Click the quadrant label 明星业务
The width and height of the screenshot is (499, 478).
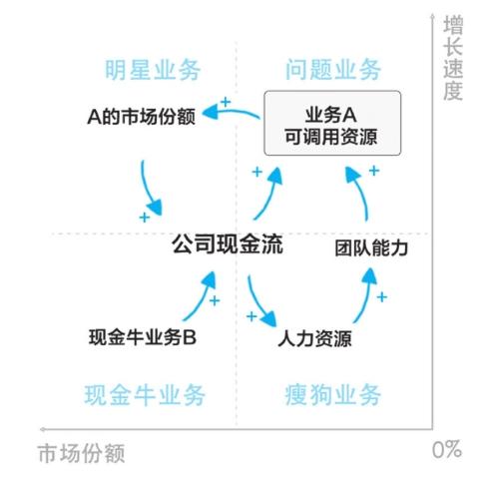[153, 70]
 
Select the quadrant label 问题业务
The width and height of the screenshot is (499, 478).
[333, 70]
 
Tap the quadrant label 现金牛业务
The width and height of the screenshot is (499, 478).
[145, 395]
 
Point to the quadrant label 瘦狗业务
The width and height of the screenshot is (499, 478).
[333, 395]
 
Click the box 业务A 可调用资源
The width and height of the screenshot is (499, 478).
[332, 123]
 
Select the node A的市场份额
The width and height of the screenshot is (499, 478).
[141, 117]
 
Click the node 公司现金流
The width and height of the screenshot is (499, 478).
[228, 243]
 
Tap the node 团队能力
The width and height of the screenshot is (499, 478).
[371, 248]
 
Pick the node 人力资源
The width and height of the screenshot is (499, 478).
[314, 338]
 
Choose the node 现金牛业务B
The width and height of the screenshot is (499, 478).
[143, 337]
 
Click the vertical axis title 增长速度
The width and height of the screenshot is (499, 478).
[453, 58]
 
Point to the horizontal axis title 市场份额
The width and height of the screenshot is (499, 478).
[82, 453]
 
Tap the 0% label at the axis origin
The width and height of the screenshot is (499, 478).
[447, 450]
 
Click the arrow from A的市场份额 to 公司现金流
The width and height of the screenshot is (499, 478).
[148, 190]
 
